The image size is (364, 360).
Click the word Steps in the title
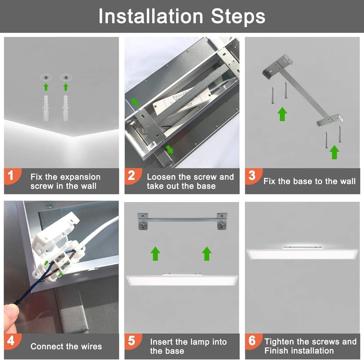point(238,16)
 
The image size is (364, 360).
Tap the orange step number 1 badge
point(12,176)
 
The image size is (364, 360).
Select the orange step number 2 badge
point(132,176)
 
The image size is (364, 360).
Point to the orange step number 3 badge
point(253,176)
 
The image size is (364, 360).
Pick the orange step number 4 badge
point(12,341)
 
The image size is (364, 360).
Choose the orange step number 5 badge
point(132,341)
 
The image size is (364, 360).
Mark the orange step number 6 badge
point(253,341)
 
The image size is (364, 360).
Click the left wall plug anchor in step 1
point(46,108)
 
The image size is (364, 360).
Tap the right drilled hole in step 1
point(66,77)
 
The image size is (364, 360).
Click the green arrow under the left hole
point(46,87)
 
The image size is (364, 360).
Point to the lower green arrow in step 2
point(170,150)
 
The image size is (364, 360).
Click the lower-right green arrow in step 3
point(334,152)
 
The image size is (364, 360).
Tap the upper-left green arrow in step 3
point(282,114)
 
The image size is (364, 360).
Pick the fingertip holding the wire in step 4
point(10,314)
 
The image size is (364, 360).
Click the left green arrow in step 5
point(155,254)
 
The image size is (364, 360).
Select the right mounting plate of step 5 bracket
point(222,221)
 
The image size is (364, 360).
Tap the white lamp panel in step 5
point(182,280)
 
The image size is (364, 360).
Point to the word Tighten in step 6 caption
point(279,342)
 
